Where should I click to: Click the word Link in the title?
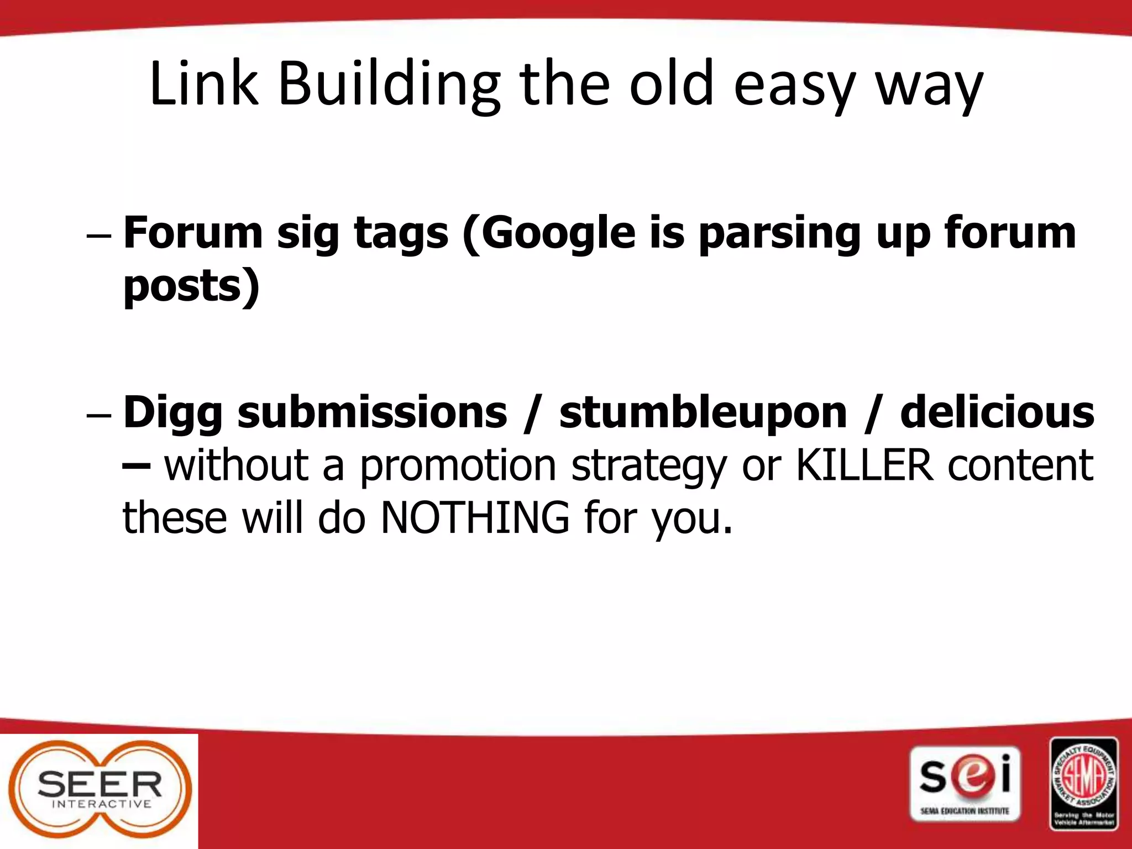coord(203,84)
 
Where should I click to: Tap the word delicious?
coord(997,412)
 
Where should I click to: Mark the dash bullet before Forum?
coord(99,235)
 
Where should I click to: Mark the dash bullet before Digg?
coord(99,415)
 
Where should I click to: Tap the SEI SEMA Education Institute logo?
coord(965,784)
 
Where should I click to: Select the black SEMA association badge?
coord(1083,783)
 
